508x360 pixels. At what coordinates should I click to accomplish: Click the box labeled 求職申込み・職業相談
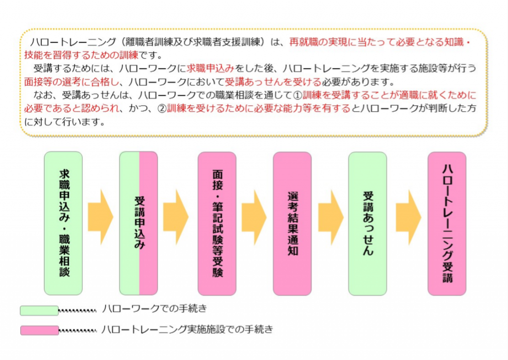coord(63,223)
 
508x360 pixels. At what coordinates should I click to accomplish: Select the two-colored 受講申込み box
coord(139,223)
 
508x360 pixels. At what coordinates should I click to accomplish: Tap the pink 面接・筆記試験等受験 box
coord(217,223)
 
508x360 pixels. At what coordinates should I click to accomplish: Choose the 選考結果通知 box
coord(292,223)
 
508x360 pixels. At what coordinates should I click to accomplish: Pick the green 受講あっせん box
coord(368,223)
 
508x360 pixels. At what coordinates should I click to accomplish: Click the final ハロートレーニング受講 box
coord(447,223)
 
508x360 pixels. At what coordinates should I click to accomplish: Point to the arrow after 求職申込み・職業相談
coord(100,217)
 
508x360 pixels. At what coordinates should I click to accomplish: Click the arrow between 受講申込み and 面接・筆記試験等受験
coord(176,217)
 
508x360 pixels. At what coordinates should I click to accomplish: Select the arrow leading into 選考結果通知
coord(254,217)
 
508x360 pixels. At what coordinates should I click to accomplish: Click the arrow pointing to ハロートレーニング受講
coord(408,217)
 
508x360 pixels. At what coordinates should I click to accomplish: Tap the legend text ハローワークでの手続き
coord(154,309)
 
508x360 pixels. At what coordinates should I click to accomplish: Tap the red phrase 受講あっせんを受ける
coord(268,81)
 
